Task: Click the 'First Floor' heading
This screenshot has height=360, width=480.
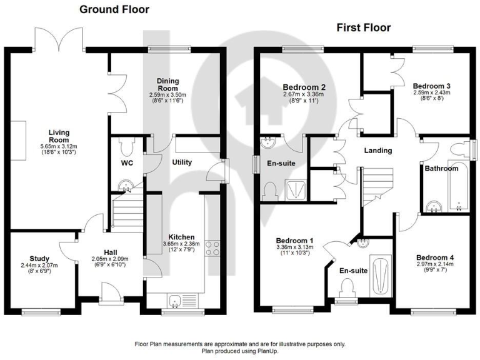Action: [363, 27]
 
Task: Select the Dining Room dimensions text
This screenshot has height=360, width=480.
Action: [168, 98]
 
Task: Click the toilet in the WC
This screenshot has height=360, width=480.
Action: [126, 147]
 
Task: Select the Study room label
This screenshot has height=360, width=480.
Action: [39, 259]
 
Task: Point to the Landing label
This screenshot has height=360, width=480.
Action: [378, 151]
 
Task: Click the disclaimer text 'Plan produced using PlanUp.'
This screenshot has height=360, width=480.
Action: [239, 351]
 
